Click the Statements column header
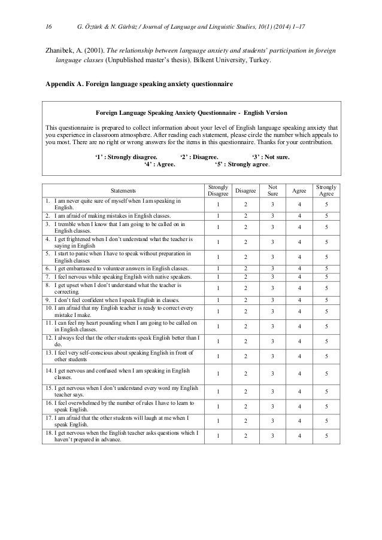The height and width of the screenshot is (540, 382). [122, 191]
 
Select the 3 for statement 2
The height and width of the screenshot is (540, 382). [272, 216]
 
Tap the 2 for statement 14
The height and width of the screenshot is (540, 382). [244, 374]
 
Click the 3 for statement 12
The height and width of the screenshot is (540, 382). [272, 341]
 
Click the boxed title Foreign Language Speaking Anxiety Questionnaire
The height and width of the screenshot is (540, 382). [191, 112]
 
